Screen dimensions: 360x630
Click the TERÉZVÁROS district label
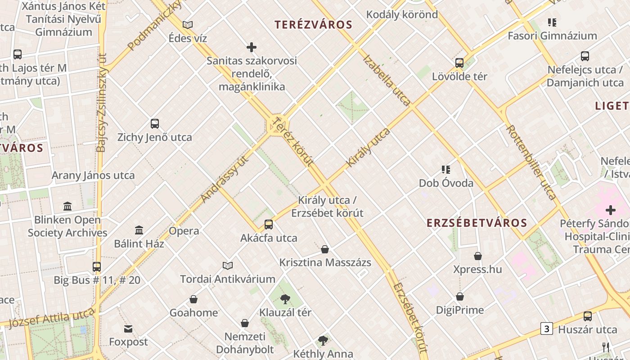click(313, 25)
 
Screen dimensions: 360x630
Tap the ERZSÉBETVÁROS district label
click(477, 223)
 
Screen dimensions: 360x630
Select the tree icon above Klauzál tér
click(285, 299)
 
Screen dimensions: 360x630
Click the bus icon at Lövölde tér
click(459, 63)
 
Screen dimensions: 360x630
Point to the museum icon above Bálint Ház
click(139, 230)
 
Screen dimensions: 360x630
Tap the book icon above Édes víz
click(188, 25)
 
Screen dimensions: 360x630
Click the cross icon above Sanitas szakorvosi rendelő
click(252, 47)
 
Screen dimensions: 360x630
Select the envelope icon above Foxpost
click(128, 329)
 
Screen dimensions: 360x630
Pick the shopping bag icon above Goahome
click(193, 299)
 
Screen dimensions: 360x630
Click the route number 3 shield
click(546, 329)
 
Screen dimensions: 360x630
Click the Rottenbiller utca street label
click(531, 162)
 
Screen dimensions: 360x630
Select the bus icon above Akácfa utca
click(269, 224)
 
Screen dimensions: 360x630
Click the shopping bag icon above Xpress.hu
click(477, 256)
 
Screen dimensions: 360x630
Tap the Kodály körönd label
click(402, 14)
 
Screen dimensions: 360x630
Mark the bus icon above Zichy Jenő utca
click(155, 123)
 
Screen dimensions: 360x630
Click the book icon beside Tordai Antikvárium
click(228, 265)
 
